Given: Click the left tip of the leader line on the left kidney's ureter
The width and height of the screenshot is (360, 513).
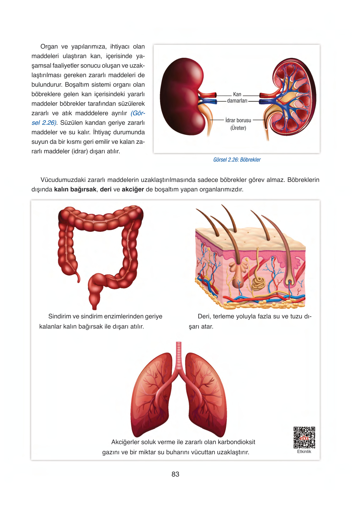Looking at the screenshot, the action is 210,120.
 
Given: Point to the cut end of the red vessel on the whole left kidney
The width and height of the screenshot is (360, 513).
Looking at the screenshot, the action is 215,95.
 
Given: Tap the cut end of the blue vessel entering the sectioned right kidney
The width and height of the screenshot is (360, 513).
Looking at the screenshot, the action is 261,102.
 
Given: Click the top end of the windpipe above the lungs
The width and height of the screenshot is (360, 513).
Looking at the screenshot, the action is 179,342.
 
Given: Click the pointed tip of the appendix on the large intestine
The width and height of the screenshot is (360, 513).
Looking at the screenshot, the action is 79,281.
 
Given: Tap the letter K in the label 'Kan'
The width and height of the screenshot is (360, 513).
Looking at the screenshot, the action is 235,94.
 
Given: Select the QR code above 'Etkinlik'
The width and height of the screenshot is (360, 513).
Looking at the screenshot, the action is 304,437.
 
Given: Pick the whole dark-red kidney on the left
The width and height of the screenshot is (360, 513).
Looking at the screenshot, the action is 182,96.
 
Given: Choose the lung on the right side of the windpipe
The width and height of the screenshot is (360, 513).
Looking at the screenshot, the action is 205,394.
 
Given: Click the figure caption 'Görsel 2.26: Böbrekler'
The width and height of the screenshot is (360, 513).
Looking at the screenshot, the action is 237,160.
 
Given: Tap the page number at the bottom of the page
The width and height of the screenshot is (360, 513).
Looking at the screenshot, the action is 175,474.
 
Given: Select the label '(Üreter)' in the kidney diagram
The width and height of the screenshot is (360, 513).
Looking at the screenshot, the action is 238,128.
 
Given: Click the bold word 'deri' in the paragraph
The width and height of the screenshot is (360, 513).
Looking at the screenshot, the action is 106,190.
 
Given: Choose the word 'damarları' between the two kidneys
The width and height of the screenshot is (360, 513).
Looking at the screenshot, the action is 237,101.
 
